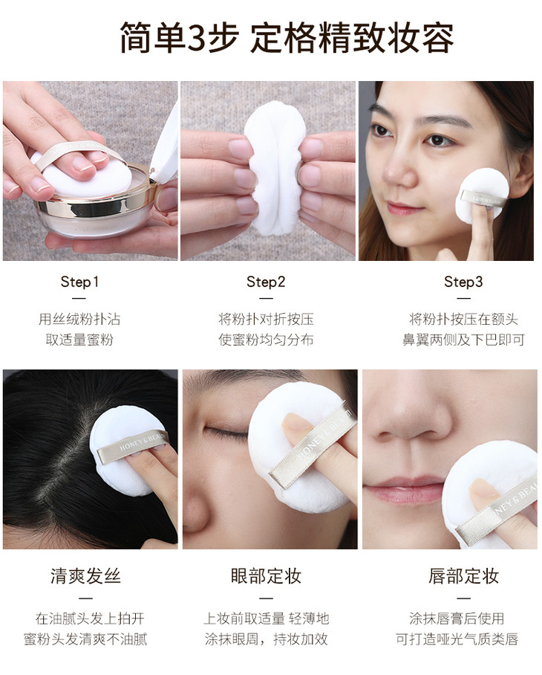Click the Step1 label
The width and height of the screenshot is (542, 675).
point(79,282)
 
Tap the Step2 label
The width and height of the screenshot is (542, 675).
point(266,282)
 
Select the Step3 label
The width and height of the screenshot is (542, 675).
point(463,282)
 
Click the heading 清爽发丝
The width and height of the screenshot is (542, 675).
point(85,576)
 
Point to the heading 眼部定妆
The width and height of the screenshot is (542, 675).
point(266,576)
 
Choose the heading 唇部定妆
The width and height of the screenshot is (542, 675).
point(463,576)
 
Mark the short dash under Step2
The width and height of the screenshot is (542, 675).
point(266,298)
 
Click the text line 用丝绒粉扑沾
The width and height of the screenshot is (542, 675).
point(79,319)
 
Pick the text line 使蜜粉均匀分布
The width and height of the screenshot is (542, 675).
point(266,340)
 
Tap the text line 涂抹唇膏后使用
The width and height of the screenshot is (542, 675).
point(457,619)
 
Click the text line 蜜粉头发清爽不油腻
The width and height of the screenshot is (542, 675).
point(85,639)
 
